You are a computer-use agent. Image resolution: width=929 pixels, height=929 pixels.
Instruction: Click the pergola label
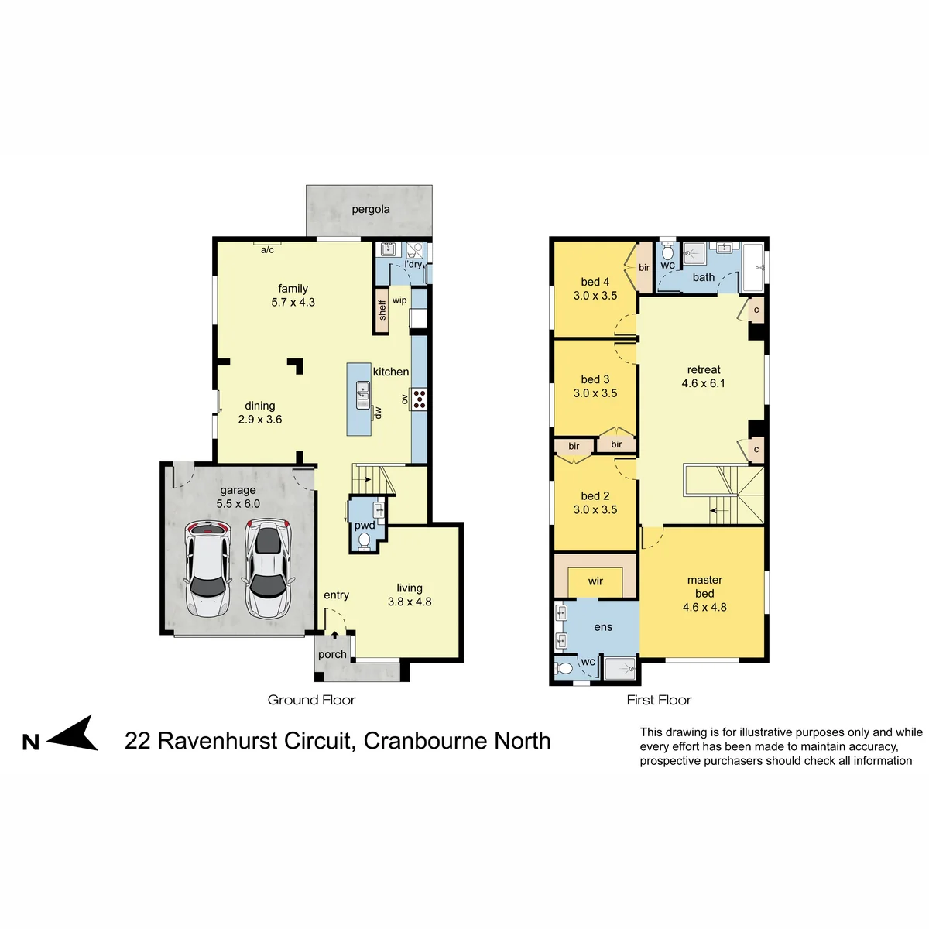(370, 210)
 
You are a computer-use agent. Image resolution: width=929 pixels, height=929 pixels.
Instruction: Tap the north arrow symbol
(72, 734)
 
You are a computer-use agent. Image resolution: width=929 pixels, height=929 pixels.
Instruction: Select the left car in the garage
(207, 569)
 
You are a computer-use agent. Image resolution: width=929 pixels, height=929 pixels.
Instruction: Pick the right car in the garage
(268, 568)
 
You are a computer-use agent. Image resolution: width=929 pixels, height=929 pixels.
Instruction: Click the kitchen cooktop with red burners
(420, 399)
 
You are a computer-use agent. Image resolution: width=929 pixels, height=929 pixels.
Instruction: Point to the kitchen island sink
(362, 395)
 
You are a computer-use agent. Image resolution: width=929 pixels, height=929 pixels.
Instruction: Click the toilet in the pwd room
(365, 541)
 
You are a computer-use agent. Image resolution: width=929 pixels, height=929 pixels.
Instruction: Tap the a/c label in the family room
(267, 250)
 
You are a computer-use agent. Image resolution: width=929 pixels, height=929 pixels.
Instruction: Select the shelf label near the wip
(382, 310)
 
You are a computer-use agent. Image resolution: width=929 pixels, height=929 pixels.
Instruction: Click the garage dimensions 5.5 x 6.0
(238, 504)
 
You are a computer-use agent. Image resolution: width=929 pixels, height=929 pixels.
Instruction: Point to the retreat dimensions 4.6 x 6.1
(704, 383)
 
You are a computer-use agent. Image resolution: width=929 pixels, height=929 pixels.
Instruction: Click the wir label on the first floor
(595, 581)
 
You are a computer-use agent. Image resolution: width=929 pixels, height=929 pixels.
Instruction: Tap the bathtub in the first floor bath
(752, 267)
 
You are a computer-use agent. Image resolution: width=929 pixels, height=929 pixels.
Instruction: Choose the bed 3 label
(595, 379)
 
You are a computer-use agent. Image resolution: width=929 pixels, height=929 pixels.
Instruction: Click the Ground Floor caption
(311, 700)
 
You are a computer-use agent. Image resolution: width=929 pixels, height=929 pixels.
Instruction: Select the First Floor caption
(659, 700)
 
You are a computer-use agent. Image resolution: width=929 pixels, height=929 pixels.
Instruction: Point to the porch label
(332, 655)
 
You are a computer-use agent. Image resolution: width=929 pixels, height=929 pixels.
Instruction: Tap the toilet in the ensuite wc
(564, 668)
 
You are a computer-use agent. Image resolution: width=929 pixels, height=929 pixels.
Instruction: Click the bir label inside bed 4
(644, 268)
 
